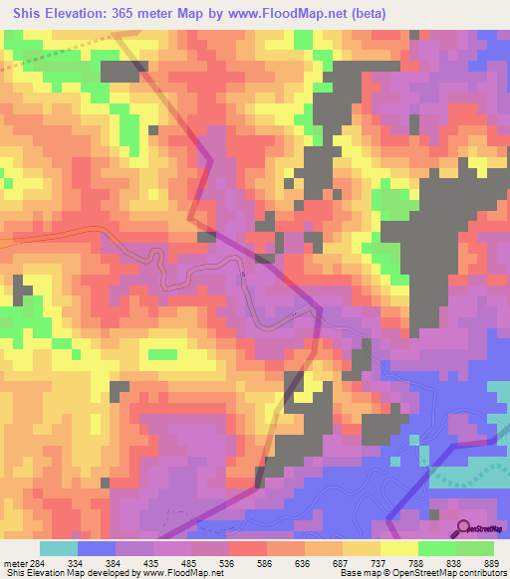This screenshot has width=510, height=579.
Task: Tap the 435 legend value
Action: click(x=153, y=562)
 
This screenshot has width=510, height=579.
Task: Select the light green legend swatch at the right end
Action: click(x=474, y=548)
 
